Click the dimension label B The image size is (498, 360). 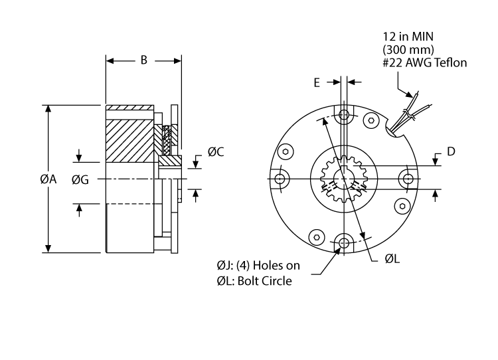tap(143, 60)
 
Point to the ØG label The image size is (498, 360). tap(80, 179)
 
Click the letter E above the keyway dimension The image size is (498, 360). tap(317, 82)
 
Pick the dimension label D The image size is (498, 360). tap(451, 151)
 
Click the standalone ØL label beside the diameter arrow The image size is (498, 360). tap(392, 258)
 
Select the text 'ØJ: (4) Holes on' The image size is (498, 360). tap(258, 266)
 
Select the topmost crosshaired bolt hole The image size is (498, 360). tap(343, 116)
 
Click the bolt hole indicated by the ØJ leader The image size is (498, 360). tap(343, 243)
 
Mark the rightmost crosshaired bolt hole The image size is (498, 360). tap(406, 179)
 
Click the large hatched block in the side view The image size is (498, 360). tap(130, 140)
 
